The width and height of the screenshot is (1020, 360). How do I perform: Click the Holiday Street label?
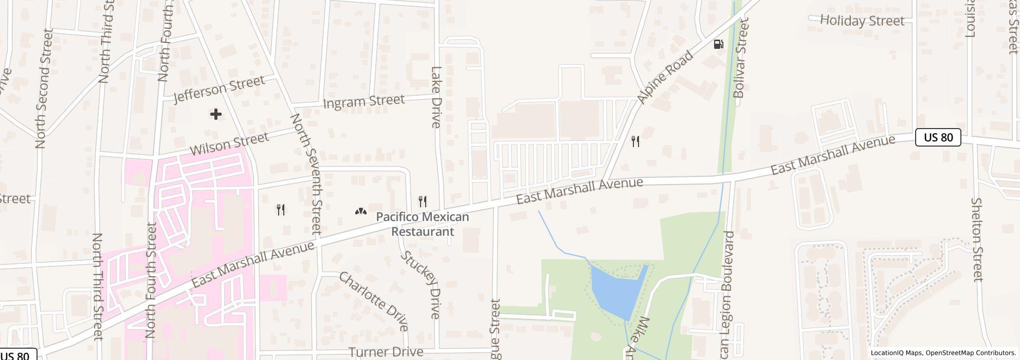862,21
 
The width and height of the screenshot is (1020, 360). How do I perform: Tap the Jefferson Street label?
220,89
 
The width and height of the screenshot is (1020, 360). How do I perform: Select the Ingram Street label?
363,101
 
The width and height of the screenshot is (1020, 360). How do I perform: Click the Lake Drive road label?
436,97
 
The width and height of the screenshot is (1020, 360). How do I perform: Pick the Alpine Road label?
665,77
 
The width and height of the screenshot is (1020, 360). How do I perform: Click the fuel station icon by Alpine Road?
719,44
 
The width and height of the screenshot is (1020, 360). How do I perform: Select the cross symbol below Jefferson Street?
216,114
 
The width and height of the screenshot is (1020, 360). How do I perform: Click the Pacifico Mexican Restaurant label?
423,224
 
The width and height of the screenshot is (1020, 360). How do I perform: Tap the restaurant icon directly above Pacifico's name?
423,201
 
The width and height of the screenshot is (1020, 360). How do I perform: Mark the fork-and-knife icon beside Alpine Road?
635,141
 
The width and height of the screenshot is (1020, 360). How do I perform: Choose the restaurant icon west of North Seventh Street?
281,209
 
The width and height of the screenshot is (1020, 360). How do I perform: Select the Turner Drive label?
386,352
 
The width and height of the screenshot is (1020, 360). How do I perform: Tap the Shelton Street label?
978,240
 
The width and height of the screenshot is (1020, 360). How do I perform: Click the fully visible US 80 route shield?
938,137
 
